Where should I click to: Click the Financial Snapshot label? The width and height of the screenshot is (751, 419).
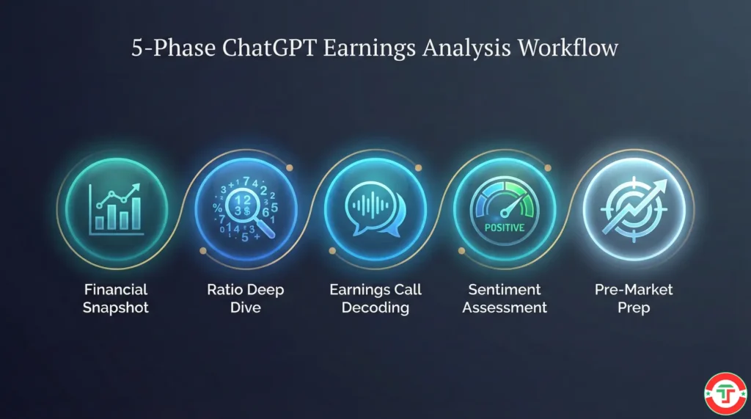coord(115,298)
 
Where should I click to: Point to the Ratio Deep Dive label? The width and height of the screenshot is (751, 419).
coord(245,298)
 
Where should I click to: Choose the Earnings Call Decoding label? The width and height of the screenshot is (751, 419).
coord(375,298)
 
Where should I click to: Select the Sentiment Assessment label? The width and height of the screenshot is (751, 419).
coord(505,298)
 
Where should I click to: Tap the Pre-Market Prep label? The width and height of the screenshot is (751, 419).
coord(634,298)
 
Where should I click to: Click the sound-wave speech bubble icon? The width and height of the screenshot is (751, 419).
coord(374,209)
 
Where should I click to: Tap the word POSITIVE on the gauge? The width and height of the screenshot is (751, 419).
coord(505,227)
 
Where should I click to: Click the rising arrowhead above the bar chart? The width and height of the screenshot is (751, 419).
coord(136,189)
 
